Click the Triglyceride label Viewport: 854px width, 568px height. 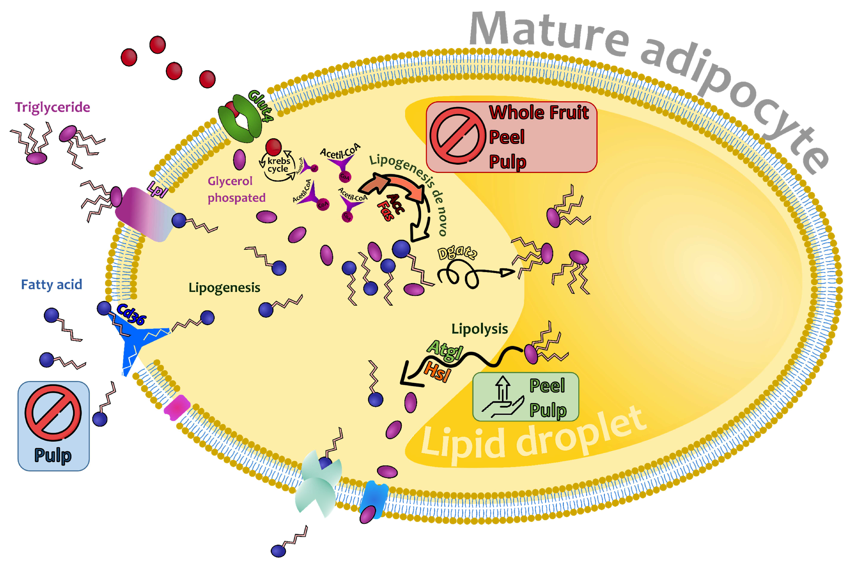pyautogui.click(x=52, y=107)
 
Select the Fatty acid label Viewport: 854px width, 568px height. pyautogui.click(x=51, y=285)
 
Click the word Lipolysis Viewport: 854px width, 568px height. pyautogui.click(x=479, y=329)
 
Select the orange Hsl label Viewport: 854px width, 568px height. pyautogui.click(x=437, y=371)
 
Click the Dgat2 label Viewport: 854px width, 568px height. pyautogui.click(x=457, y=252)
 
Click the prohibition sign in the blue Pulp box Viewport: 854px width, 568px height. pyautogui.click(x=53, y=413)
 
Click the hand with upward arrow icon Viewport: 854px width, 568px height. pyautogui.click(x=502, y=398)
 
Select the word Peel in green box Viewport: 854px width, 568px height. pyautogui.click(x=547, y=385)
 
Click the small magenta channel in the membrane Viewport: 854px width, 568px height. pyautogui.click(x=177, y=407)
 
